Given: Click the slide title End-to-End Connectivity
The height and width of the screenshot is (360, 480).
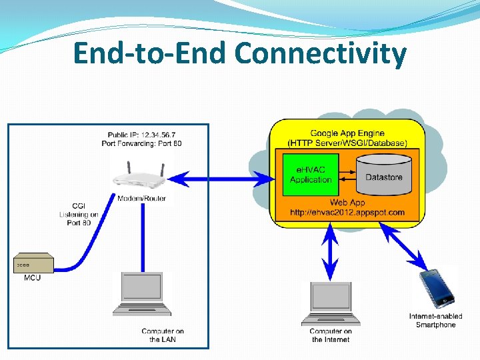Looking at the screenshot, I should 239,53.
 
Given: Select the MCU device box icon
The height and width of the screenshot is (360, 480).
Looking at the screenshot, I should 33,263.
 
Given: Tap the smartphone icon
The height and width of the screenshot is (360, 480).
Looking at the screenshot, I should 437,287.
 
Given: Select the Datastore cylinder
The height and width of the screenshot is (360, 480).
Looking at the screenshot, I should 383,175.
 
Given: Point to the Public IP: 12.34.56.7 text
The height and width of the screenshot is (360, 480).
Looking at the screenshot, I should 141,135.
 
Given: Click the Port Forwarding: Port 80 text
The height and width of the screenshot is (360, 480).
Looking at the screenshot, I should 141,143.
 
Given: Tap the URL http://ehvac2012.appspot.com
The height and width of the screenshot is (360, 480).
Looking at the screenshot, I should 347,213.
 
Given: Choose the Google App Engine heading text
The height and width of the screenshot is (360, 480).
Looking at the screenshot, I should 347,133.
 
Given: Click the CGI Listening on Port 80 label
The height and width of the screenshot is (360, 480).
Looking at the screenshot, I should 79,214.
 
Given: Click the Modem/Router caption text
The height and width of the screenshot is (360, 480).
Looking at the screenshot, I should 141,198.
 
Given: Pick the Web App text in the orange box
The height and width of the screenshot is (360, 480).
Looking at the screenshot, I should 347,203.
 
